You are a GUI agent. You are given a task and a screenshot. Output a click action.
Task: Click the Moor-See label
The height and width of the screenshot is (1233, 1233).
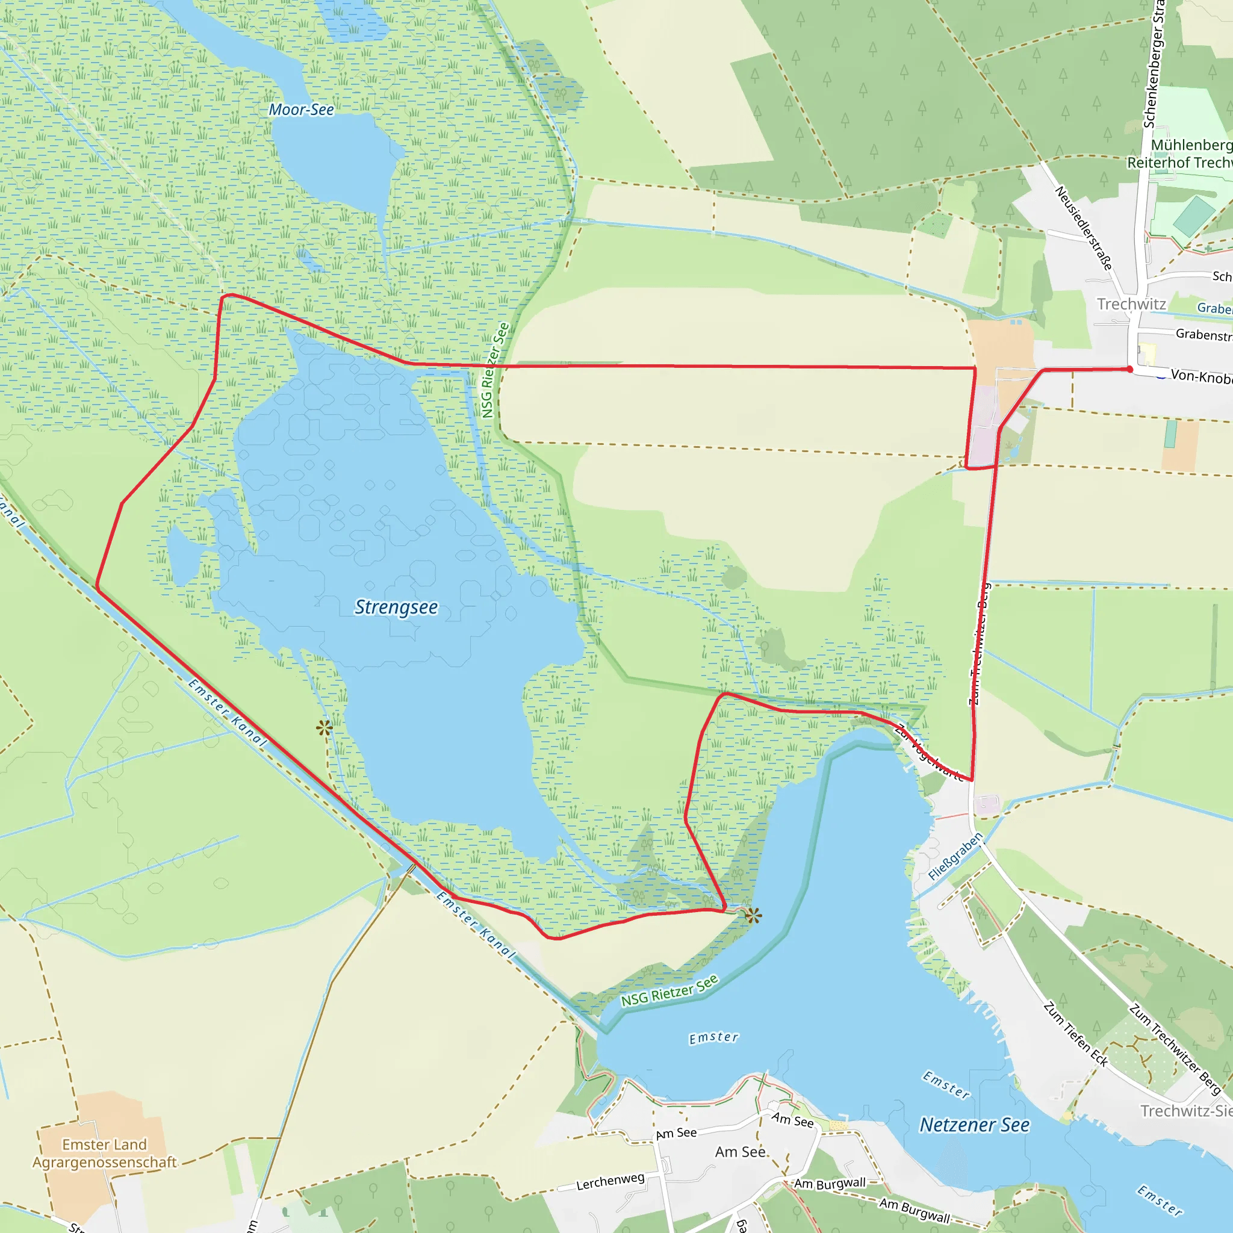[301, 110]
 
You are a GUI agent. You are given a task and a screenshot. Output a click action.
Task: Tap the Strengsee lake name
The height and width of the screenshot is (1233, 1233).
[396, 607]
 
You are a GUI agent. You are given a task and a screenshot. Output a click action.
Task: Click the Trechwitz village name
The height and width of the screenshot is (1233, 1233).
[1131, 304]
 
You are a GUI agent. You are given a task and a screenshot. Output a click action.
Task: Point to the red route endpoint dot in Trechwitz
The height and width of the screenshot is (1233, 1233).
[1129, 369]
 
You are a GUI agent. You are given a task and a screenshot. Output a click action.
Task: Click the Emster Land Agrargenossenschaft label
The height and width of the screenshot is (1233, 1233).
[105, 1153]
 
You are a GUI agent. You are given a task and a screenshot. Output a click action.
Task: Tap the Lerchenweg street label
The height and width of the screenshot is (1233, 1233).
[610, 1181]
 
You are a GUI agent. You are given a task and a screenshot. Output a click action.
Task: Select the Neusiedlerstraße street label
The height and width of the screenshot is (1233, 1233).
[1084, 228]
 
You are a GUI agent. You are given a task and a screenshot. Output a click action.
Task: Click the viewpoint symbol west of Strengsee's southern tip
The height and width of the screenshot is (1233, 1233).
[325, 727]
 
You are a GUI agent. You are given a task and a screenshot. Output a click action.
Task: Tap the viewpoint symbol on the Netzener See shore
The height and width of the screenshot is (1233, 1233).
[753, 916]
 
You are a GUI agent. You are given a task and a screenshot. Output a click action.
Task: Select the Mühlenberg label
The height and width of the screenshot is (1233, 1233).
[1191, 145]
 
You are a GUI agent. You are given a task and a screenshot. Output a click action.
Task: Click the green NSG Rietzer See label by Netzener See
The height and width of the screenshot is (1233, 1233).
[669, 990]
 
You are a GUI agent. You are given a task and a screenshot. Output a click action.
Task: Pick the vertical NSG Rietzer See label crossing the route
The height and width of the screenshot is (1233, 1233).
[495, 370]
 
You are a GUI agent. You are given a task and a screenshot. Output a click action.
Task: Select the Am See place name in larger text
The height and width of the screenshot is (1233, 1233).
[741, 1152]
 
